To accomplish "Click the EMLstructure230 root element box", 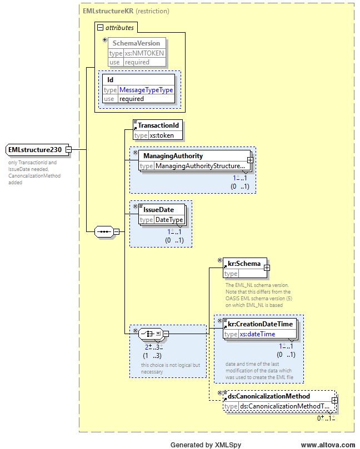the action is tap(37, 150).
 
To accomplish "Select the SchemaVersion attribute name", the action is tap(136, 43).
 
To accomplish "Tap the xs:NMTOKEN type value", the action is tap(144, 53).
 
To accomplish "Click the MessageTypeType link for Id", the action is tap(146, 90).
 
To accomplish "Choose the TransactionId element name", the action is tap(158, 125).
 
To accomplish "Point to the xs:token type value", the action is tap(162, 135).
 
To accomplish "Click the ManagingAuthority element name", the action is tap(173, 156).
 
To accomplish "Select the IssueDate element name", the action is tap(158, 210).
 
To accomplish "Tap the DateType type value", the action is tap(169, 220).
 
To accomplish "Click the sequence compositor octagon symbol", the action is tap(104, 231).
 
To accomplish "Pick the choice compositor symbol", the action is tap(151, 334).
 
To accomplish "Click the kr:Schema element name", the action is tap(244, 264).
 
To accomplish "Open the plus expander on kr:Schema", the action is tap(267, 268).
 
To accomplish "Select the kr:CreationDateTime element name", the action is tap(260, 324).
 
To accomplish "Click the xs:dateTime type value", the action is tap(257, 334).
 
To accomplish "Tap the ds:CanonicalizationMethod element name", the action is tap(269, 396).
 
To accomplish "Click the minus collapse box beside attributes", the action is tap(100, 28).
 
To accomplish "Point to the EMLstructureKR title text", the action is tap(108, 11).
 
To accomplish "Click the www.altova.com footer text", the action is tap(328, 445).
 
